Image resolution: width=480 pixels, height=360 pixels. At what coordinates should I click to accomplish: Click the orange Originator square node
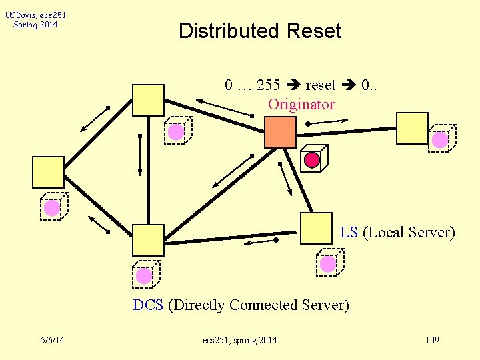click(280, 132)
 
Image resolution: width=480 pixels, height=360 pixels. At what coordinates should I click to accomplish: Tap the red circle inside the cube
click(311, 160)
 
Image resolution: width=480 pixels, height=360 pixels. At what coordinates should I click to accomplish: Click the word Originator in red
click(301, 104)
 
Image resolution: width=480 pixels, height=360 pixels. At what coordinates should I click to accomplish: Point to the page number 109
click(431, 341)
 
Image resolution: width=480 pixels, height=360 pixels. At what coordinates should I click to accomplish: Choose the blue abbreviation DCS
click(148, 305)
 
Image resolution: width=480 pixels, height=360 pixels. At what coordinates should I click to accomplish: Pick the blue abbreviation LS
click(349, 233)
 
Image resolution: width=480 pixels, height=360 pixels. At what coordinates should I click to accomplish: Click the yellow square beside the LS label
click(316, 228)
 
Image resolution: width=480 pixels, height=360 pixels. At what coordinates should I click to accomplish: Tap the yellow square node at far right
click(412, 128)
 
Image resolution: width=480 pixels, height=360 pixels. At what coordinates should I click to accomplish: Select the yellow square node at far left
click(48, 172)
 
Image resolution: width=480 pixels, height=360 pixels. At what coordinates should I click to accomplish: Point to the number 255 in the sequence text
click(268, 85)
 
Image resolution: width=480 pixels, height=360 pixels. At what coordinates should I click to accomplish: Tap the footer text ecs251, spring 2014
click(239, 341)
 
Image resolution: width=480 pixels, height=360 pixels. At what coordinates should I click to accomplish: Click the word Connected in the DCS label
click(263, 305)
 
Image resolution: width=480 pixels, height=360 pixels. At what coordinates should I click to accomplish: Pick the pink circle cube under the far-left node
click(52, 207)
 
